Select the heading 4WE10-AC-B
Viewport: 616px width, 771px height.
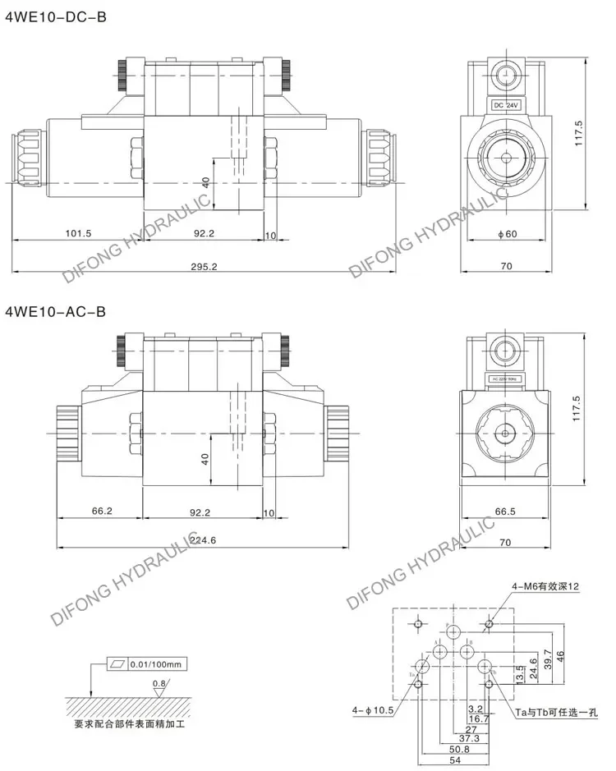point(56,311)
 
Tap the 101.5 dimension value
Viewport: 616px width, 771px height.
point(78,234)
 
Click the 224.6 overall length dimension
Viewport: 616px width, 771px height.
point(203,539)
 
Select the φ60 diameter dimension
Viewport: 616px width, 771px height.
point(507,234)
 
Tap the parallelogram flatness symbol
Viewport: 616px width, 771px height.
point(117,663)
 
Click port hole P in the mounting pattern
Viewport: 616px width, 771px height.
point(453,634)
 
